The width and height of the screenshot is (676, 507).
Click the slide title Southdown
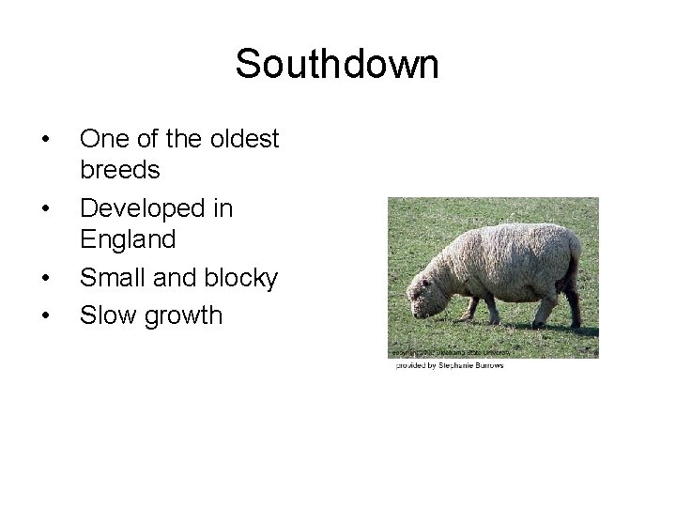[x=337, y=65]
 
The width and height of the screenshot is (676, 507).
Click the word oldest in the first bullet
[x=242, y=139]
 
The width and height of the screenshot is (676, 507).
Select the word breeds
[x=120, y=171]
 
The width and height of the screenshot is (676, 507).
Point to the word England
[x=128, y=240]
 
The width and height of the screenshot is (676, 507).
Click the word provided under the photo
[x=409, y=365]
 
